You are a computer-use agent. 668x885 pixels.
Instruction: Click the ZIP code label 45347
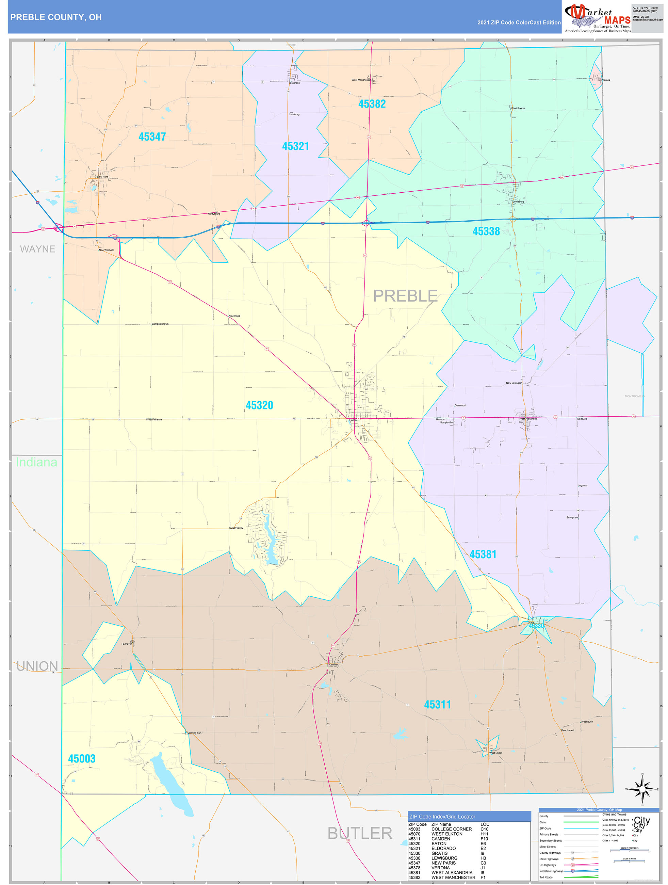point(152,137)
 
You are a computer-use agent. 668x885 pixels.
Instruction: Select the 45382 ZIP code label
point(372,104)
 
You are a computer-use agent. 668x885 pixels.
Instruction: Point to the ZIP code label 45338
point(486,231)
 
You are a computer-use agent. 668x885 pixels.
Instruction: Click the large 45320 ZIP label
point(259,405)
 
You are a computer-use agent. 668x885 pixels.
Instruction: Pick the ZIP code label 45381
point(483,554)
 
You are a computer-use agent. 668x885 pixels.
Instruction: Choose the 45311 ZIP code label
point(437,705)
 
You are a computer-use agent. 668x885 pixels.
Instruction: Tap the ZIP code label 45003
point(82,759)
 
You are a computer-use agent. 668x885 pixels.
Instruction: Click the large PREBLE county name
point(405,296)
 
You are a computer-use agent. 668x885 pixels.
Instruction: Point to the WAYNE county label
point(37,249)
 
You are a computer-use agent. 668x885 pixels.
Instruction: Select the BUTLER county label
point(360,833)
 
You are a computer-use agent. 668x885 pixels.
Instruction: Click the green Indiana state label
point(36,462)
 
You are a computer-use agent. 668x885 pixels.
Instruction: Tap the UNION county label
point(37,666)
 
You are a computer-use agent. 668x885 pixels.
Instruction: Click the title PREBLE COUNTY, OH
point(56,17)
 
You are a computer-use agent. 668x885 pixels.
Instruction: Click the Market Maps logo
point(597,18)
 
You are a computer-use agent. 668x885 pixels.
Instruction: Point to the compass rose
point(642,789)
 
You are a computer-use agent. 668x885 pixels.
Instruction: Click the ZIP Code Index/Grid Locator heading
point(442,817)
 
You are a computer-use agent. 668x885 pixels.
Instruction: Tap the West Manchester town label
point(360,80)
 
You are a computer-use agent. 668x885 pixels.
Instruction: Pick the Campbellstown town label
point(160,324)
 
